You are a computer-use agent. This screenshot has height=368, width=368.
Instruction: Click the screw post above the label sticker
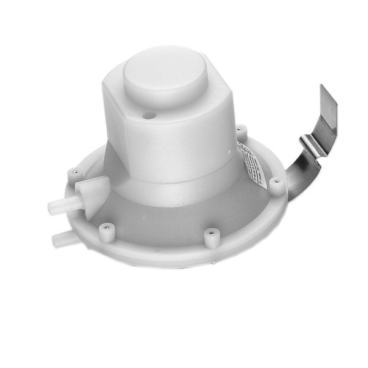(x=242, y=131)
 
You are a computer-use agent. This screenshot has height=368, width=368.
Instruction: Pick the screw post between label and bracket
(x=277, y=185)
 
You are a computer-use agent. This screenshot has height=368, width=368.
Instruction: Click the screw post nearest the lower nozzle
(x=105, y=230)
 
